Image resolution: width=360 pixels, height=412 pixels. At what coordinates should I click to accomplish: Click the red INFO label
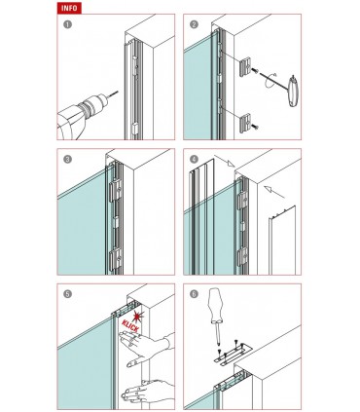pyautogui.click(x=69, y=8)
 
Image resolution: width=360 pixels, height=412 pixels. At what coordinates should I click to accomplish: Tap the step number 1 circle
pyautogui.click(x=67, y=24)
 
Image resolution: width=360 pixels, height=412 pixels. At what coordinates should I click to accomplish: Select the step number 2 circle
pyautogui.click(x=194, y=24)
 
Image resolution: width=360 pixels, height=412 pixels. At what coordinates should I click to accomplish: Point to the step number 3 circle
pyautogui.click(x=67, y=160)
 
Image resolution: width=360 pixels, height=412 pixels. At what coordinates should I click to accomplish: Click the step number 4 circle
pyautogui.click(x=194, y=160)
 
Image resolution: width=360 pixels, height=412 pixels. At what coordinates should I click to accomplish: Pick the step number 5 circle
pyautogui.click(x=67, y=294)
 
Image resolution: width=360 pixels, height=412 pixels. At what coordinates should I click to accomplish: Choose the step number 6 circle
pyautogui.click(x=194, y=294)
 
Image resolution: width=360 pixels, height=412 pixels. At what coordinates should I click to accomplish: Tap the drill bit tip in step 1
pyautogui.click(x=117, y=92)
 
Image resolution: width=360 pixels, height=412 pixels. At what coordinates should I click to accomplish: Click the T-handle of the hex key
pyautogui.click(x=293, y=91)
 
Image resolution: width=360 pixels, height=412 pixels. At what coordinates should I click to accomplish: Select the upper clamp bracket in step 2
pyautogui.click(x=245, y=66)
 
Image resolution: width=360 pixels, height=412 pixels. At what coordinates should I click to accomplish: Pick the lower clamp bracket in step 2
pyautogui.click(x=245, y=123)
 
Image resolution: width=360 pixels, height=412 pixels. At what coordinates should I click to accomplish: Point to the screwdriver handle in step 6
pyautogui.click(x=215, y=305)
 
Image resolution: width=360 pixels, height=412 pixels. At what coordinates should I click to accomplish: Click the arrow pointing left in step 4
pyautogui.click(x=274, y=192)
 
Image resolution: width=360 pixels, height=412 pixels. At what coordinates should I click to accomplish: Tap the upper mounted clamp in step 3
pyautogui.click(x=115, y=190)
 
